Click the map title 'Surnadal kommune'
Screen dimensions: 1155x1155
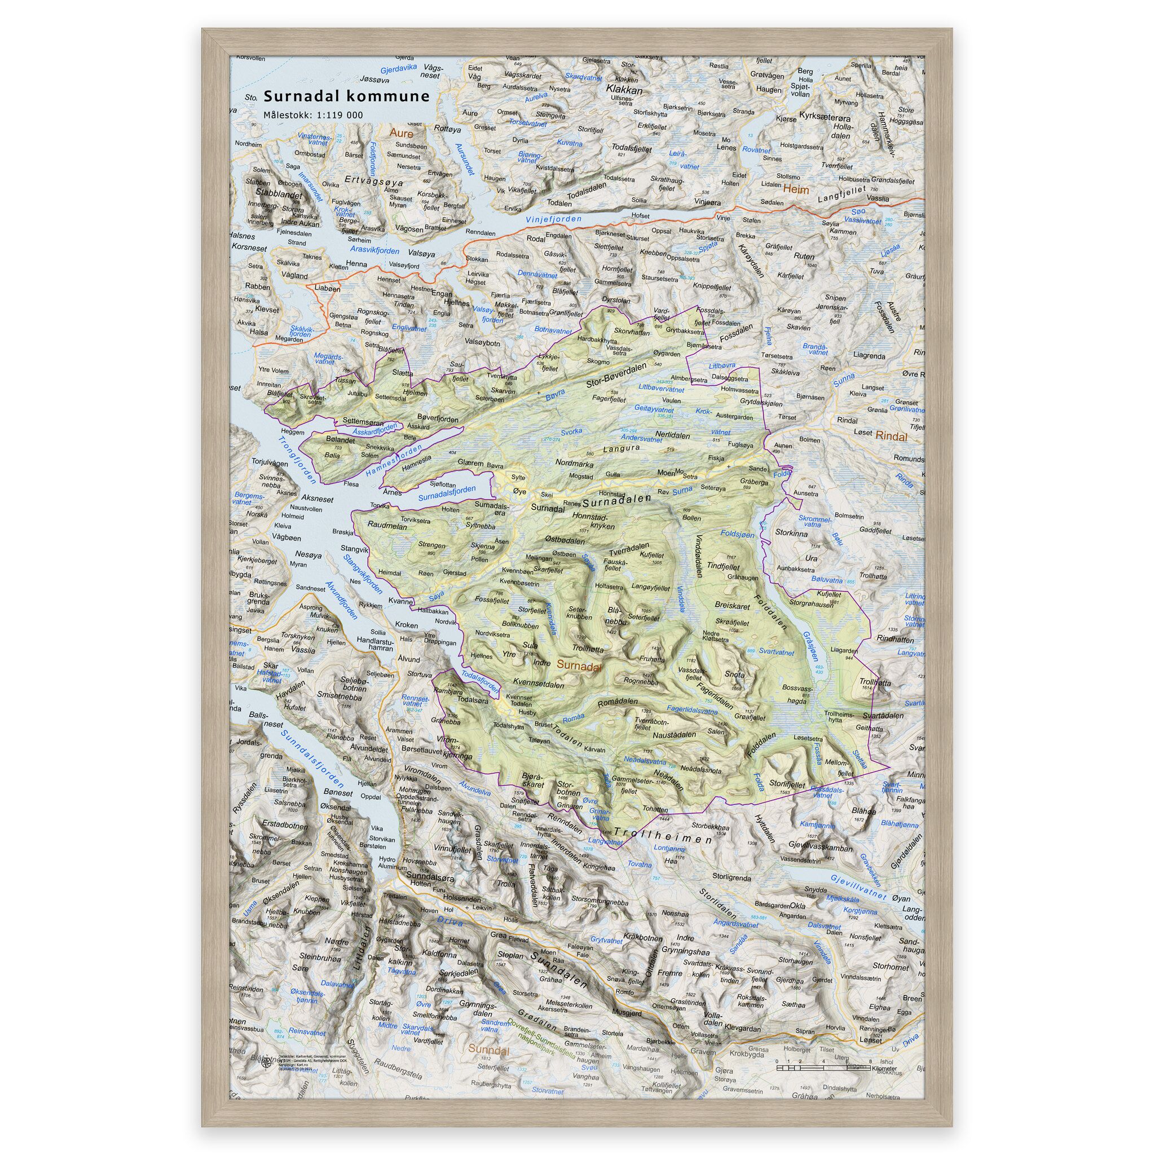(x=347, y=97)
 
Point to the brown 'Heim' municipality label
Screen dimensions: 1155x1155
(x=796, y=189)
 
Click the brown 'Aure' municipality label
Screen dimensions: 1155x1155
(x=400, y=133)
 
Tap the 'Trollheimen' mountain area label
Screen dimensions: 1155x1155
(x=663, y=835)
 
